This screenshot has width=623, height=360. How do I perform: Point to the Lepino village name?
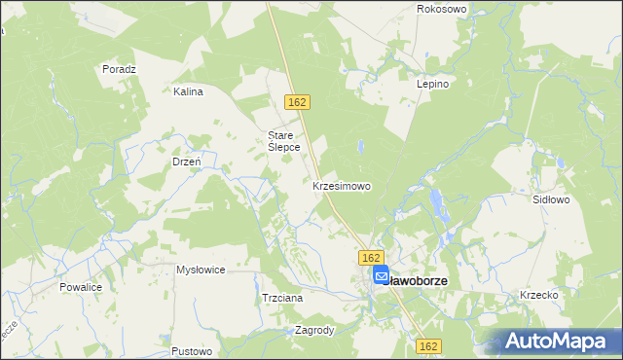433,85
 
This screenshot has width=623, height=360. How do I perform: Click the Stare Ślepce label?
283,141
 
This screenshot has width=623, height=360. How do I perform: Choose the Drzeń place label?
186,162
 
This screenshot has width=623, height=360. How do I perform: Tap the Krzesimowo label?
341,185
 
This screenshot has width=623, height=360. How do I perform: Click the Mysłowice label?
201,270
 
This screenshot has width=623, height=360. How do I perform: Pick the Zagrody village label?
314,330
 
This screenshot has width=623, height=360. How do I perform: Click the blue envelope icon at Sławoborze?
381,276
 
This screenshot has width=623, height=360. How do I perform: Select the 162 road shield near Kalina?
298,102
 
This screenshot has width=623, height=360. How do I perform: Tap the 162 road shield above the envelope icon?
369,257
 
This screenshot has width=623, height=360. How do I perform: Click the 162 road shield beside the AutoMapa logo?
429,345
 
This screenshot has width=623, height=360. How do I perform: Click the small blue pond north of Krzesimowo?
361,147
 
